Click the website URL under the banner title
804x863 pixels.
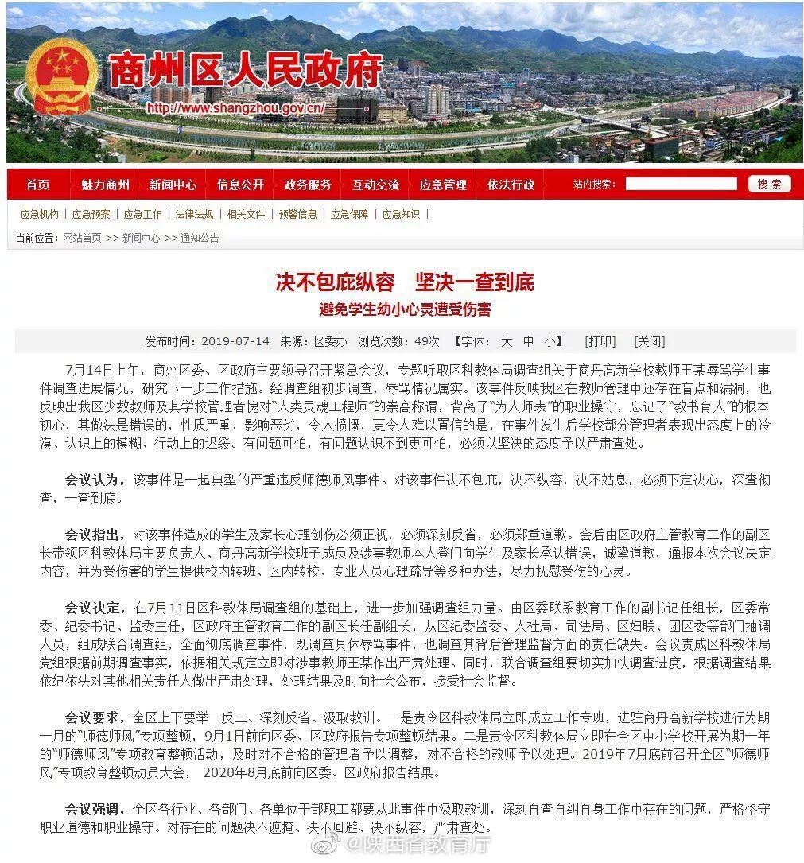pyautogui.click(x=236, y=108)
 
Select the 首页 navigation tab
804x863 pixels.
pyautogui.click(x=37, y=185)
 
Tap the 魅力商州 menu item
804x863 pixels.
pyautogui.click(x=105, y=185)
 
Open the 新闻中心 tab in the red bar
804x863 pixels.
pyautogui.click(x=173, y=185)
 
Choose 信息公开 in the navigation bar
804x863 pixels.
pyautogui.click(x=240, y=185)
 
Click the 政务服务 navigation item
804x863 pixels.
pyautogui.click(x=308, y=185)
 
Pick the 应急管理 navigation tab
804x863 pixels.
pyautogui.click(x=443, y=185)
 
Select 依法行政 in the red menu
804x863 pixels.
pyautogui.click(x=511, y=185)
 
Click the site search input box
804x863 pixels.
pyautogui.click(x=681, y=184)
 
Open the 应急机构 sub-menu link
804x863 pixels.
pyautogui.click(x=39, y=214)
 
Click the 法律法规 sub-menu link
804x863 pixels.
pyautogui.click(x=194, y=214)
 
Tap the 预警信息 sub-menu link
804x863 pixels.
pyautogui.click(x=297, y=214)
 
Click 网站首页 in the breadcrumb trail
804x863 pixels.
pyautogui.click(x=82, y=238)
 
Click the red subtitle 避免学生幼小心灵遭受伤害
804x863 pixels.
pyautogui.click(x=405, y=309)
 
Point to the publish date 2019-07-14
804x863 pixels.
pyautogui.click(x=235, y=341)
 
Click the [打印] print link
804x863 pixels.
pyautogui.click(x=600, y=341)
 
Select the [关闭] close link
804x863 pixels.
pyautogui.click(x=649, y=341)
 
